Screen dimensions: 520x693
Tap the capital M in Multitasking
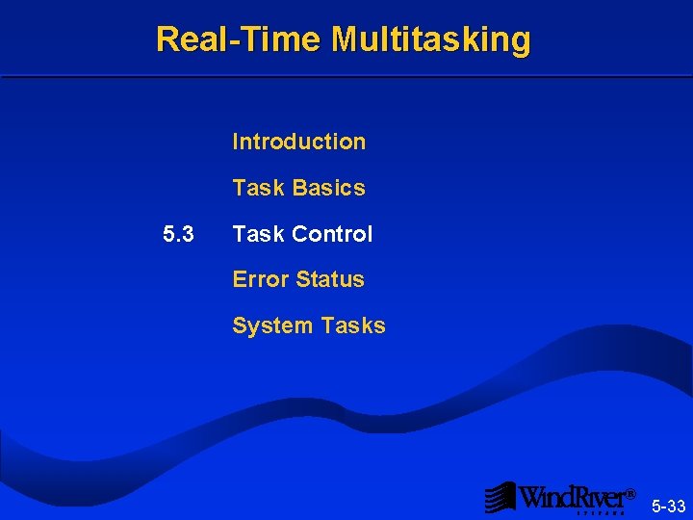pyautogui.click(x=345, y=39)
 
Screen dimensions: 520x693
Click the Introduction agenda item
pyautogui.click(x=298, y=142)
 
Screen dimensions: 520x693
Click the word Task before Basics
pyautogui.click(x=256, y=188)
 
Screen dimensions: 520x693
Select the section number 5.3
pyautogui.click(x=178, y=234)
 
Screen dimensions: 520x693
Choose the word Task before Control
pyautogui.click(x=256, y=234)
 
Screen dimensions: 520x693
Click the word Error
pyautogui.click(x=261, y=279)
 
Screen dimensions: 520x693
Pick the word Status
pyautogui.click(x=330, y=279)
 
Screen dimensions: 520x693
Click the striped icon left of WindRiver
pyautogui.click(x=500, y=497)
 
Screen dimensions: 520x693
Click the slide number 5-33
pyautogui.click(x=668, y=507)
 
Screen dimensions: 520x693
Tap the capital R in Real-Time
pyautogui.click(x=167, y=39)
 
